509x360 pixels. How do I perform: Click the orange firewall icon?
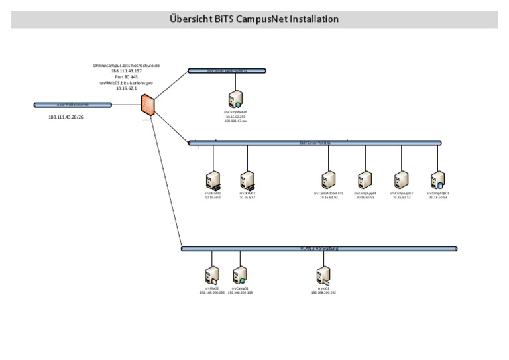point(148,106)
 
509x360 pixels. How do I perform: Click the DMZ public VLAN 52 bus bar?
point(227,70)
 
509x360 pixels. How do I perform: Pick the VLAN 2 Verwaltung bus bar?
point(319,249)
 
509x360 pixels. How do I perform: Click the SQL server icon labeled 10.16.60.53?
point(437,180)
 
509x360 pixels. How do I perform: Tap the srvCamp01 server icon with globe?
point(240,275)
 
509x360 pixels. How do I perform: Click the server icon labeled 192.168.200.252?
point(323,275)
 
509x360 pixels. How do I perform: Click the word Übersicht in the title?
point(192,19)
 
